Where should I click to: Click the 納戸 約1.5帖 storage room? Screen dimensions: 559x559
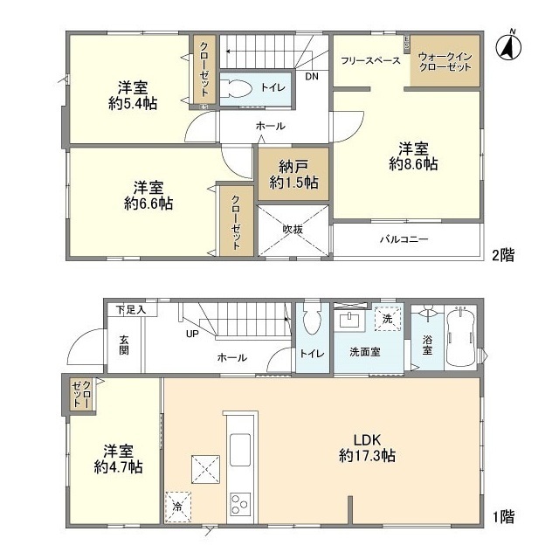[x=292, y=174]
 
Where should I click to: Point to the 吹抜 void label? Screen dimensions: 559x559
[x=292, y=230]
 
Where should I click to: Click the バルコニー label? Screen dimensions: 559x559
[x=403, y=238]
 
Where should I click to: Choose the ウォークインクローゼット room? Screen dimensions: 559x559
[x=445, y=60]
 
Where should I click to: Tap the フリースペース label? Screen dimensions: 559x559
[x=371, y=60]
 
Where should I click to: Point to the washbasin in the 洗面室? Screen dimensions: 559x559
[x=355, y=321]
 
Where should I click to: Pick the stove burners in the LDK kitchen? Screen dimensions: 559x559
[x=239, y=504]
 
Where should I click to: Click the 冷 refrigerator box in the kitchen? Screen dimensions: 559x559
[x=178, y=504]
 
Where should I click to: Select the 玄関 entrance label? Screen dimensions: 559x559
[x=123, y=346]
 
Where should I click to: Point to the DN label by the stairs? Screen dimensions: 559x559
[x=312, y=76]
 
